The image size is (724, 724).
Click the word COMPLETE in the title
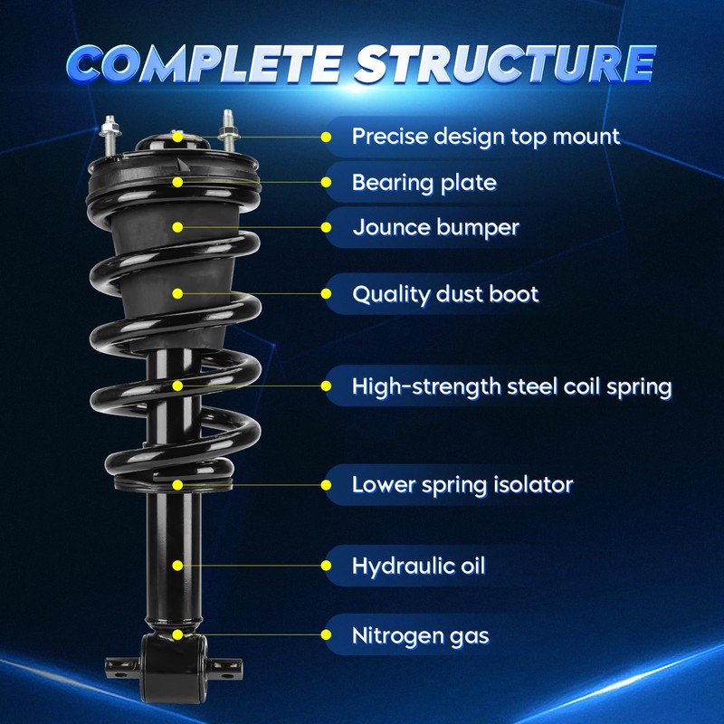[x=206, y=63]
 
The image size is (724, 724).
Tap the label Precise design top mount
[x=486, y=138]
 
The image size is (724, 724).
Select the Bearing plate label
[x=424, y=183]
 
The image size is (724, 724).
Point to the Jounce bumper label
[x=436, y=227]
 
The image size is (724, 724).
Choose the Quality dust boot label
[x=445, y=294]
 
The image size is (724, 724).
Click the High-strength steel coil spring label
[x=511, y=386]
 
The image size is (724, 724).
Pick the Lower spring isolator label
[x=462, y=485]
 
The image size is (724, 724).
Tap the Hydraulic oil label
[x=419, y=566]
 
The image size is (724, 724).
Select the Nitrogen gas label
[x=420, y=635]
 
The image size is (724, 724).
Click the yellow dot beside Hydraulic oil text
[x=326, y=566]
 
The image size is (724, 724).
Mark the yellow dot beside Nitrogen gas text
[x=326, y=635]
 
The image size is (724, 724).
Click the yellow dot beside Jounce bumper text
[x=326, y=227]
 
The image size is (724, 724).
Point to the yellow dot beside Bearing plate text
[x=326, y=183]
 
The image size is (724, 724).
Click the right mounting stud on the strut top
[x=229, y=130]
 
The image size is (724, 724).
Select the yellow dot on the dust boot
[x=177, y=293]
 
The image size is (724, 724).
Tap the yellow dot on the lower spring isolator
[x=177, y=485]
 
